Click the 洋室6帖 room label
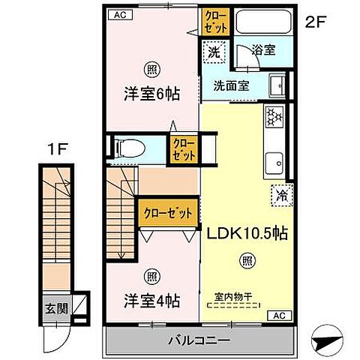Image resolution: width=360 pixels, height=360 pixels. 151,96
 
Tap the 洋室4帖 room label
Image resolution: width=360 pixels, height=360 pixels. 151,301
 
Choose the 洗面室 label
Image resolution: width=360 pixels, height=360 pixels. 231,85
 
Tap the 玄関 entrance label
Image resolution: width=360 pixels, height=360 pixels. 51,307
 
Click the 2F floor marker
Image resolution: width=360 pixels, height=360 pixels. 315,22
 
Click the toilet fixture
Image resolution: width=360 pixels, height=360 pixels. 128,147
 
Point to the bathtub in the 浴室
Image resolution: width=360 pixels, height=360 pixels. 265,22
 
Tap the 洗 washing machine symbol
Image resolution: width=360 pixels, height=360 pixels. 214,52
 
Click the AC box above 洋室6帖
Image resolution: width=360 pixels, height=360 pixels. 120,13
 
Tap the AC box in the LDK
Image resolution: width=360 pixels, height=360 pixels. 275,315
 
